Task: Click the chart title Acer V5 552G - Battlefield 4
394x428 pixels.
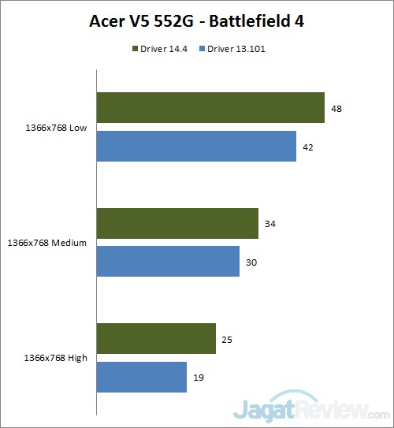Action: point(196,21)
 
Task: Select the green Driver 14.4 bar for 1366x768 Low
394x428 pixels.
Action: point(210,108)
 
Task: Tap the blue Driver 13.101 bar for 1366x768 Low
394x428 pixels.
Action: point(196,146)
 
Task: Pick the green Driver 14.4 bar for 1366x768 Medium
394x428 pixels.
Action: point(177,223)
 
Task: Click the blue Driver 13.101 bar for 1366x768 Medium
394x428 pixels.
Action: point(168,261)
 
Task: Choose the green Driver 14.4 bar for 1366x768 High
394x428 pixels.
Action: point(156,338)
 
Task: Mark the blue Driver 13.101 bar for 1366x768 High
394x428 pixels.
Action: point(142,377)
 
